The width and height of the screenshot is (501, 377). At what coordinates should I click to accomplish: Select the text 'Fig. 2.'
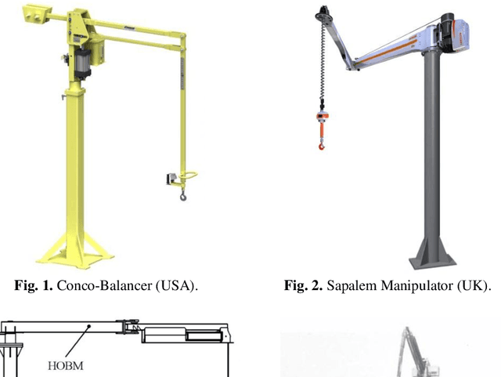click(x=302, y=286)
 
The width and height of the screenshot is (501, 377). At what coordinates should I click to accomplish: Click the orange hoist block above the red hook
click(x=320, y=118)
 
